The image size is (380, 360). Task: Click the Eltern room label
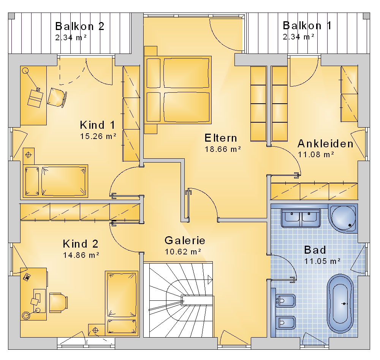[220, 138]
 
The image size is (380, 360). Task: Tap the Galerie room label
[185, 240]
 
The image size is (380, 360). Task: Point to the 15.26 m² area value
[98, 136]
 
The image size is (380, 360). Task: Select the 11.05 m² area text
[322, 261]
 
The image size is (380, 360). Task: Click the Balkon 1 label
[307, 26]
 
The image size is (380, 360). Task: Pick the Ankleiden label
[325, 144]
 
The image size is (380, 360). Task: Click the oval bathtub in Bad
[340, 303]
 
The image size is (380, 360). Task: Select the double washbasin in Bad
[301, 218]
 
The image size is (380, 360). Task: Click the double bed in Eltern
[177, 90]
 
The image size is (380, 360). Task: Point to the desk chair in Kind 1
[57, 97]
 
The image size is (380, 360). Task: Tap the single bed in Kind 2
[122, 303]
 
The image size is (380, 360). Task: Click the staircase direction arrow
[210, 279]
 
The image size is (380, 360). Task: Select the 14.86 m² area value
[81, 255]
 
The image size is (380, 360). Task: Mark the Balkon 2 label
[80, 27]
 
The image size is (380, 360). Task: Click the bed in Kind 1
[55, 181]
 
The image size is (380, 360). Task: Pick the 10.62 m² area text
[183, 252]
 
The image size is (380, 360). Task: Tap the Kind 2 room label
[81, 244]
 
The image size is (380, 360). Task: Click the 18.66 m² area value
[223, 149]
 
